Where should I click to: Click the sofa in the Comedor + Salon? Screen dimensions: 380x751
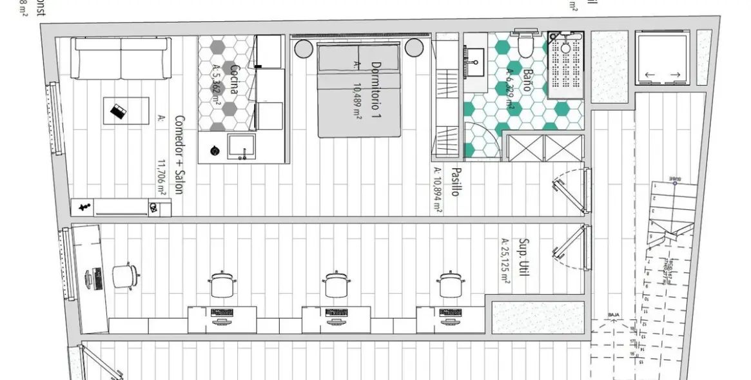(121, 58)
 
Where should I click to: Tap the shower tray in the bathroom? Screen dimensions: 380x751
(565, 64)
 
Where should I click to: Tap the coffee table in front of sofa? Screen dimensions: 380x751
(126, 111)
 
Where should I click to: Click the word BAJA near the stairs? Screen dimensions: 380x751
(614, 315)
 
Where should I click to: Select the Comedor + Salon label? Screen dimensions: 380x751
(180, 158)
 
